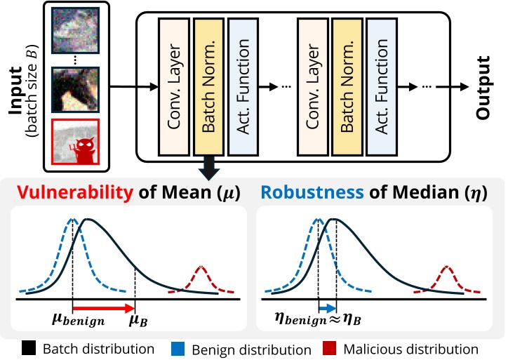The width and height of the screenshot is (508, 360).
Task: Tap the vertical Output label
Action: [484, 88]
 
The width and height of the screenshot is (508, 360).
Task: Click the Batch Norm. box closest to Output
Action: [346, 85]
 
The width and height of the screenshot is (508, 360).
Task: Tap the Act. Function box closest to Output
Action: [380, 85]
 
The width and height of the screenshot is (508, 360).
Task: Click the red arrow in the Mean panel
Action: [104, 309]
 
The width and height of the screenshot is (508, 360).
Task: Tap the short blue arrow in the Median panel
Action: [328, 309]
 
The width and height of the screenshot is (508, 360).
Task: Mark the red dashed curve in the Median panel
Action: [446, 277]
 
